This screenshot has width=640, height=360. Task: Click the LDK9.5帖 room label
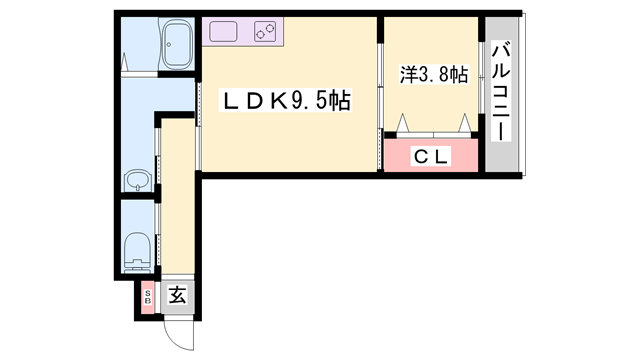(x=285, y=101)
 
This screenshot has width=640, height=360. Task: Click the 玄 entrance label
(x=176, y=295)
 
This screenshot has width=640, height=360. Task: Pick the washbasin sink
(x=137, y=181)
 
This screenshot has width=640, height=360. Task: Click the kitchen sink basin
(x=223, y=32)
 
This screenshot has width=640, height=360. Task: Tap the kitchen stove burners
(x=265, y=33)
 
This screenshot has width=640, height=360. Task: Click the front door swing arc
(x=174, y=330)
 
